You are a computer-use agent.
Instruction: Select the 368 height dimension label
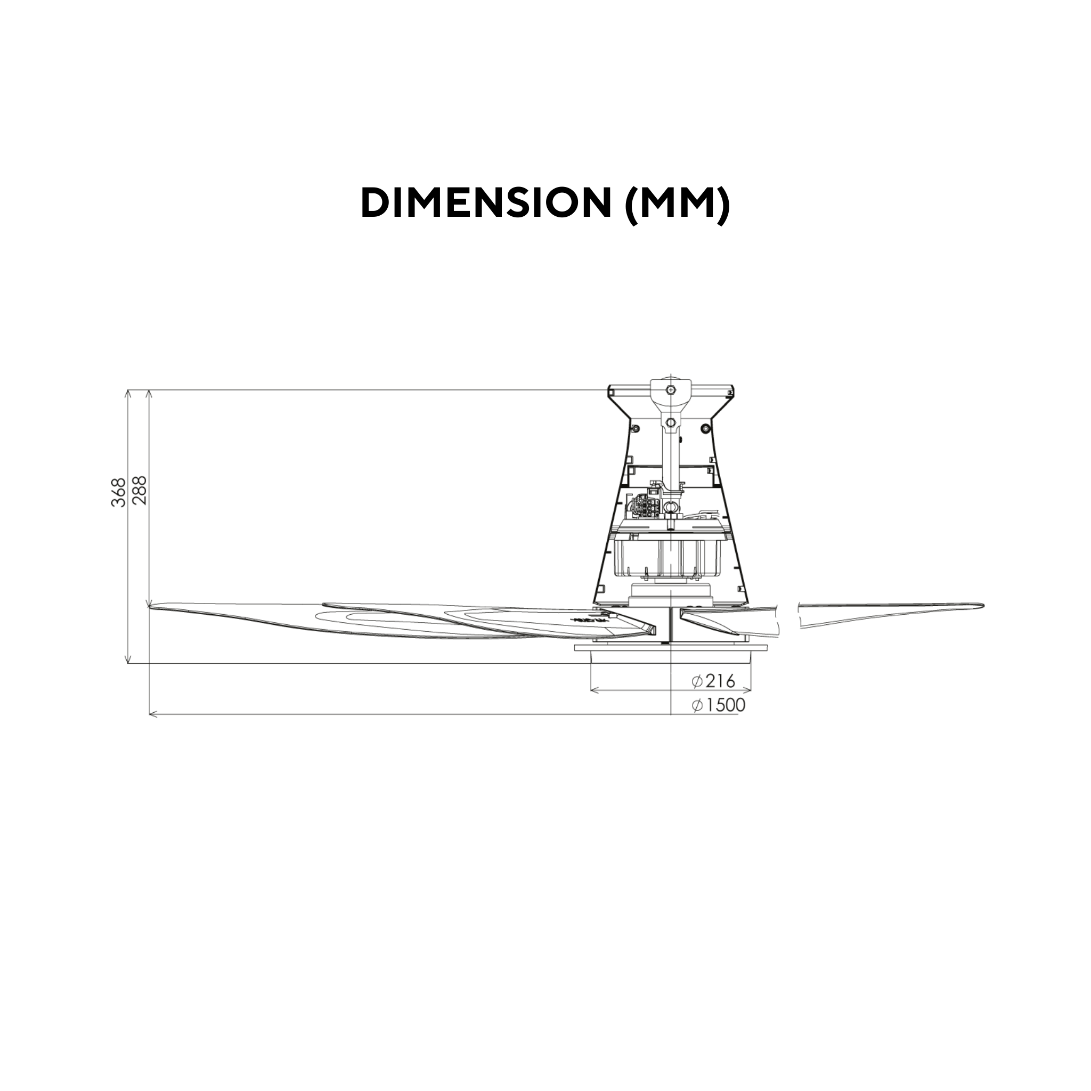tap(119, 492)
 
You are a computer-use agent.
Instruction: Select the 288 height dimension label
tap(140, 490)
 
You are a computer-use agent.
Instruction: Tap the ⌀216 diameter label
tap(714, 681)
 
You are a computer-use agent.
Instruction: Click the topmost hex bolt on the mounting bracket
tap(670, 389)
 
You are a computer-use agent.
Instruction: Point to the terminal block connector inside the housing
tap(648, 506)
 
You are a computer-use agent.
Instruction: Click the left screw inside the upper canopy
tap(636, 429)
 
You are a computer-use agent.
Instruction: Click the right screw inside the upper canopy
tap(705, 429)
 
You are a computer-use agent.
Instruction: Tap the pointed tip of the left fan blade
tap(150, 608)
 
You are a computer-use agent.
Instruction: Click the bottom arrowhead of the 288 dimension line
tap(149, 604)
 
